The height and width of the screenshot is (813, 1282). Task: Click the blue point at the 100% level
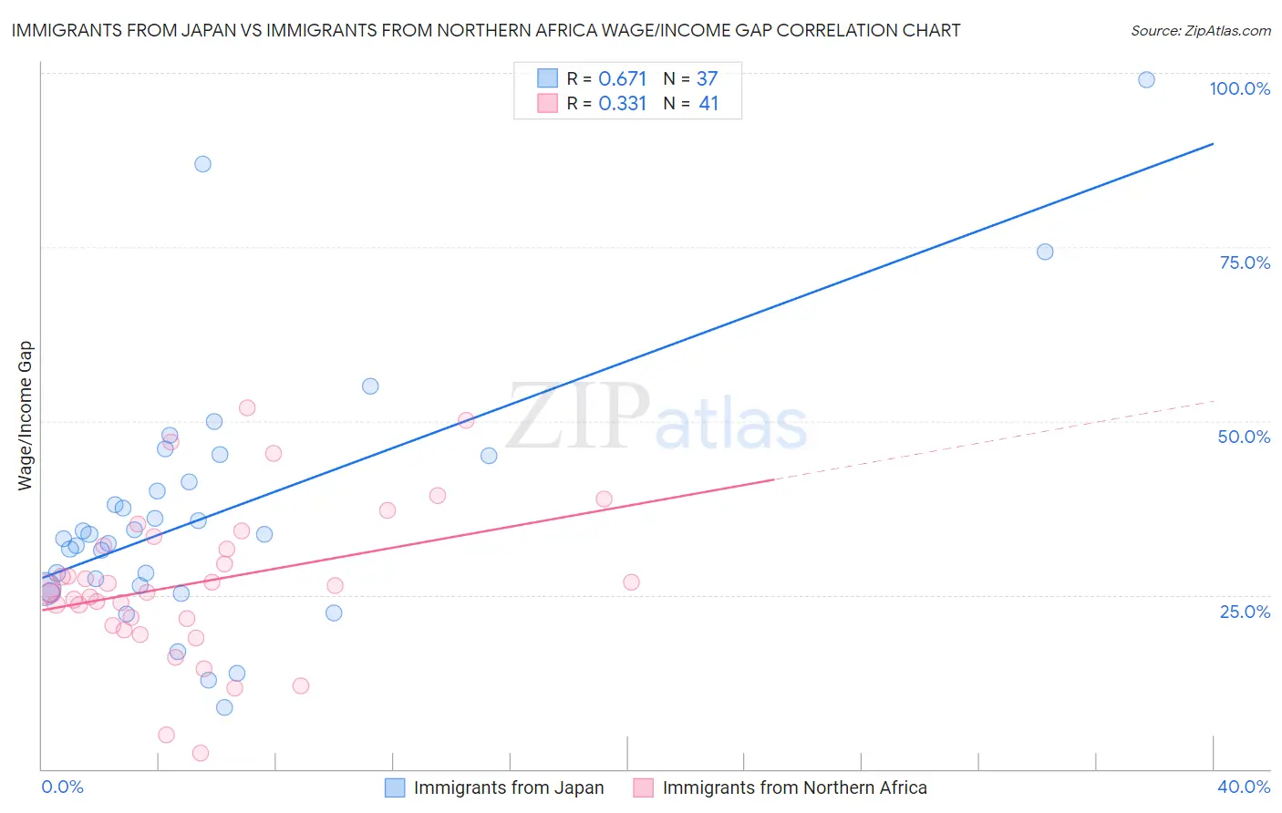point(1146,80)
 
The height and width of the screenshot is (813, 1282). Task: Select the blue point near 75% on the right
point(1045,252)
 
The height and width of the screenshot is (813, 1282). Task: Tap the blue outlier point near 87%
point(202,164)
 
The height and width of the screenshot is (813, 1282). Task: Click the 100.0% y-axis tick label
point(1239,88)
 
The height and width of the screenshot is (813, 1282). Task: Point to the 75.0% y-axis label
point(1245,262)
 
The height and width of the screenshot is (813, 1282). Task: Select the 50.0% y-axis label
point(1244,437)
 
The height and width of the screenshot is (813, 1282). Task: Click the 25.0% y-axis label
point(1245,612)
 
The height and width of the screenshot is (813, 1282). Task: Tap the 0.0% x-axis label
point(62,787)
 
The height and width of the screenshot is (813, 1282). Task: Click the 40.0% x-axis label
point(1243,787)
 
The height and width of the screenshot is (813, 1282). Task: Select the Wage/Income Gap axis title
point(26,416)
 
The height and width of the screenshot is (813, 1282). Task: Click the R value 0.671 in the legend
point(622,79)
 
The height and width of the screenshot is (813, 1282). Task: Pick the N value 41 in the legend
point(708,104)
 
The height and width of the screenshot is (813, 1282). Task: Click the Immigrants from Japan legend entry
point(508,788)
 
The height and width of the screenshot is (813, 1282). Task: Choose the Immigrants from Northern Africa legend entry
point(793,788)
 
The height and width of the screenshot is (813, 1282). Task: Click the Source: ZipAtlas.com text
point(1200,31)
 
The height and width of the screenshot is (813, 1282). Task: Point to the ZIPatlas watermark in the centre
point(657,417)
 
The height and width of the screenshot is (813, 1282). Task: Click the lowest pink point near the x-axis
point(201,753)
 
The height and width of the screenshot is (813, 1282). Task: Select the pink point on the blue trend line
point(466,420)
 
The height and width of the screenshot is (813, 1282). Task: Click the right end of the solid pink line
point(773,479)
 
